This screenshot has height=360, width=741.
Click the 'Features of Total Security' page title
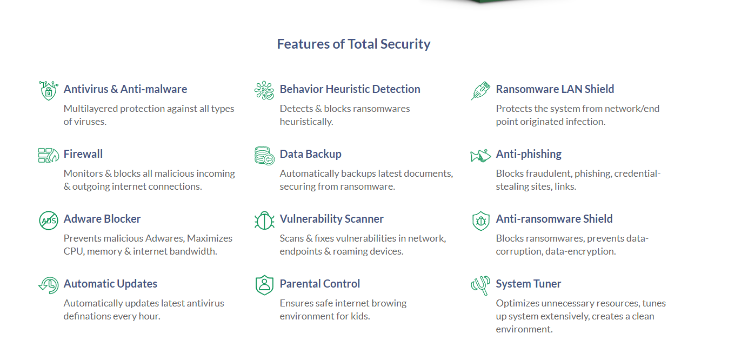pos(353,44)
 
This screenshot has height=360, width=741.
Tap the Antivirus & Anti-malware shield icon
pos(49,90)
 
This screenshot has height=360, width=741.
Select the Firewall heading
pos(83,154)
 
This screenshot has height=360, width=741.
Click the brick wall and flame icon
pos(49,155)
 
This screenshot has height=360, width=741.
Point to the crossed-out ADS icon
pos(49,221)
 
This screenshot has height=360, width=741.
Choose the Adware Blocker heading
pos(102,219)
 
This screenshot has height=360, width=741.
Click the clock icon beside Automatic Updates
pos(49,285)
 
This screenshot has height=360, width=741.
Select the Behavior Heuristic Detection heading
pos(350,89)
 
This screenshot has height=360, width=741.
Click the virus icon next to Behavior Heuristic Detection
pos(264,90)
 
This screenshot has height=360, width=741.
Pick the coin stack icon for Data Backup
pos(264,156)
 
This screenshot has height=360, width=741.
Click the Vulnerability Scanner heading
pos(331,219)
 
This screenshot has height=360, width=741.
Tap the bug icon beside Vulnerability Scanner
pos(264,221)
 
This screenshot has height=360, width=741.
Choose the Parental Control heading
pos(319,284)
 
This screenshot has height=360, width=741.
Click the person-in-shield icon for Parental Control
pos(264,285)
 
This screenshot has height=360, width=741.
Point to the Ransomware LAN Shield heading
pos(555,89)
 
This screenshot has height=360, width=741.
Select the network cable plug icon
pos(480,90)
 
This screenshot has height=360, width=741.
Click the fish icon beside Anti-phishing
pos(480,156)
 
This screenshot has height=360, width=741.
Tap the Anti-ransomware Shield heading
pos(554,219)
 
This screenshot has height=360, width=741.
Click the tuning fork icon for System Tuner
pos(480,285)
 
